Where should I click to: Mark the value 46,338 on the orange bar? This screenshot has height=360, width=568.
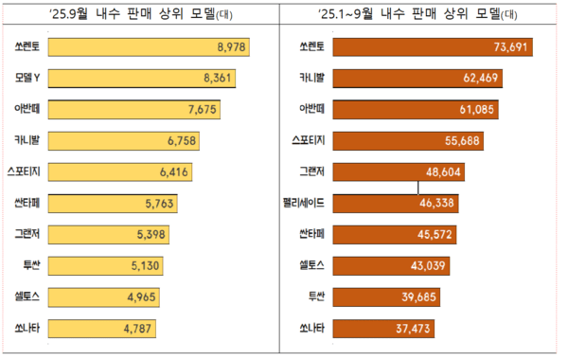coord(437,203)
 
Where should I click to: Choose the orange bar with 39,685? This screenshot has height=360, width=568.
coord(383,297)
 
